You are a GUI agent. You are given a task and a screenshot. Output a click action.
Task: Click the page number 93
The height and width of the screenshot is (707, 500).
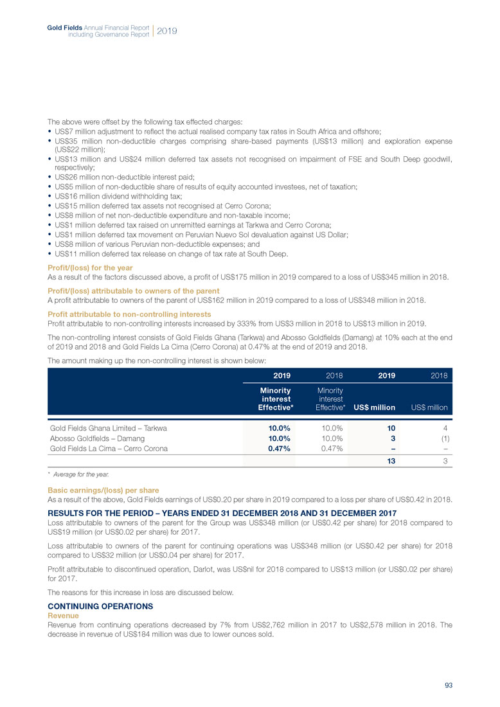(449, 685)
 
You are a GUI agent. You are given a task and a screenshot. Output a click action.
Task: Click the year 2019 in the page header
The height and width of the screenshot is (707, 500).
(167, 30)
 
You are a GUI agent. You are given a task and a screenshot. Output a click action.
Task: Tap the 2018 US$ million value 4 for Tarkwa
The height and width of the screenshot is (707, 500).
(445, 427)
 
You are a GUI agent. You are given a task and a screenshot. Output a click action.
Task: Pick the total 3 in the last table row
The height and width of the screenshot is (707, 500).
(445, 461)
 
